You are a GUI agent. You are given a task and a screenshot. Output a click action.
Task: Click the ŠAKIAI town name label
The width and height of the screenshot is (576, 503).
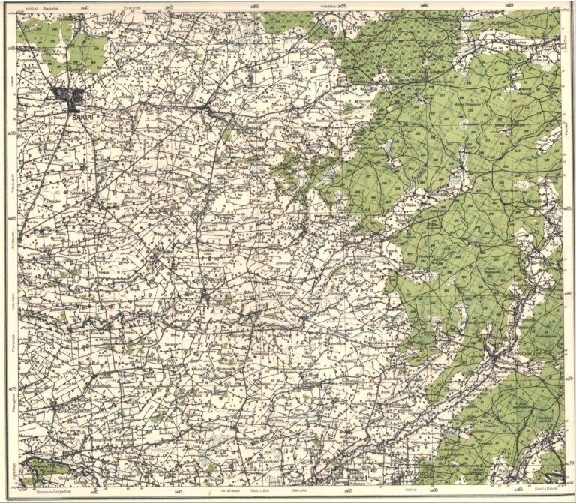pyautogui.click(x=78, y=117)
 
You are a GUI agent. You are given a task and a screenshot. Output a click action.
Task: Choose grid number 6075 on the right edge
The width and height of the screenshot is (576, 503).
pyautogui.click(x=568, y=379)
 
